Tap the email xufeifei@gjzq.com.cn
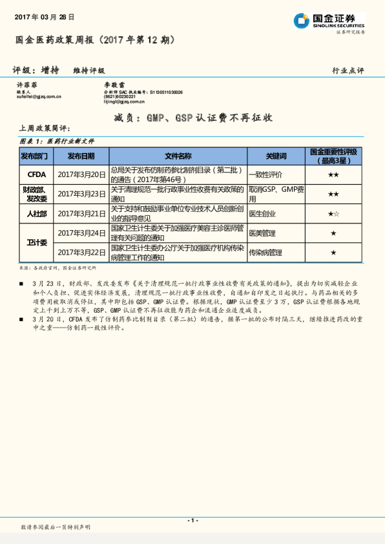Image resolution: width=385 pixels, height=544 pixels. (39, 97)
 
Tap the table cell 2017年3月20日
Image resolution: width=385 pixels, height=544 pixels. (81, 174)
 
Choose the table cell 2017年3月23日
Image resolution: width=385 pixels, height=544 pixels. (81, 194)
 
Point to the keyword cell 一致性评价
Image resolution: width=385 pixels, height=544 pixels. (265, 174)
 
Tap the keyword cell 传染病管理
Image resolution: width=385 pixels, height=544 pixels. (265, 252)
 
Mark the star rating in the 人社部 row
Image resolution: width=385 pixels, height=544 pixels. (333, 213)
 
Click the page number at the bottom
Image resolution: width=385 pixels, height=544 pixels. (192, 520)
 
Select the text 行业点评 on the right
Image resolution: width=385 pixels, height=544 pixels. (348, 70)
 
